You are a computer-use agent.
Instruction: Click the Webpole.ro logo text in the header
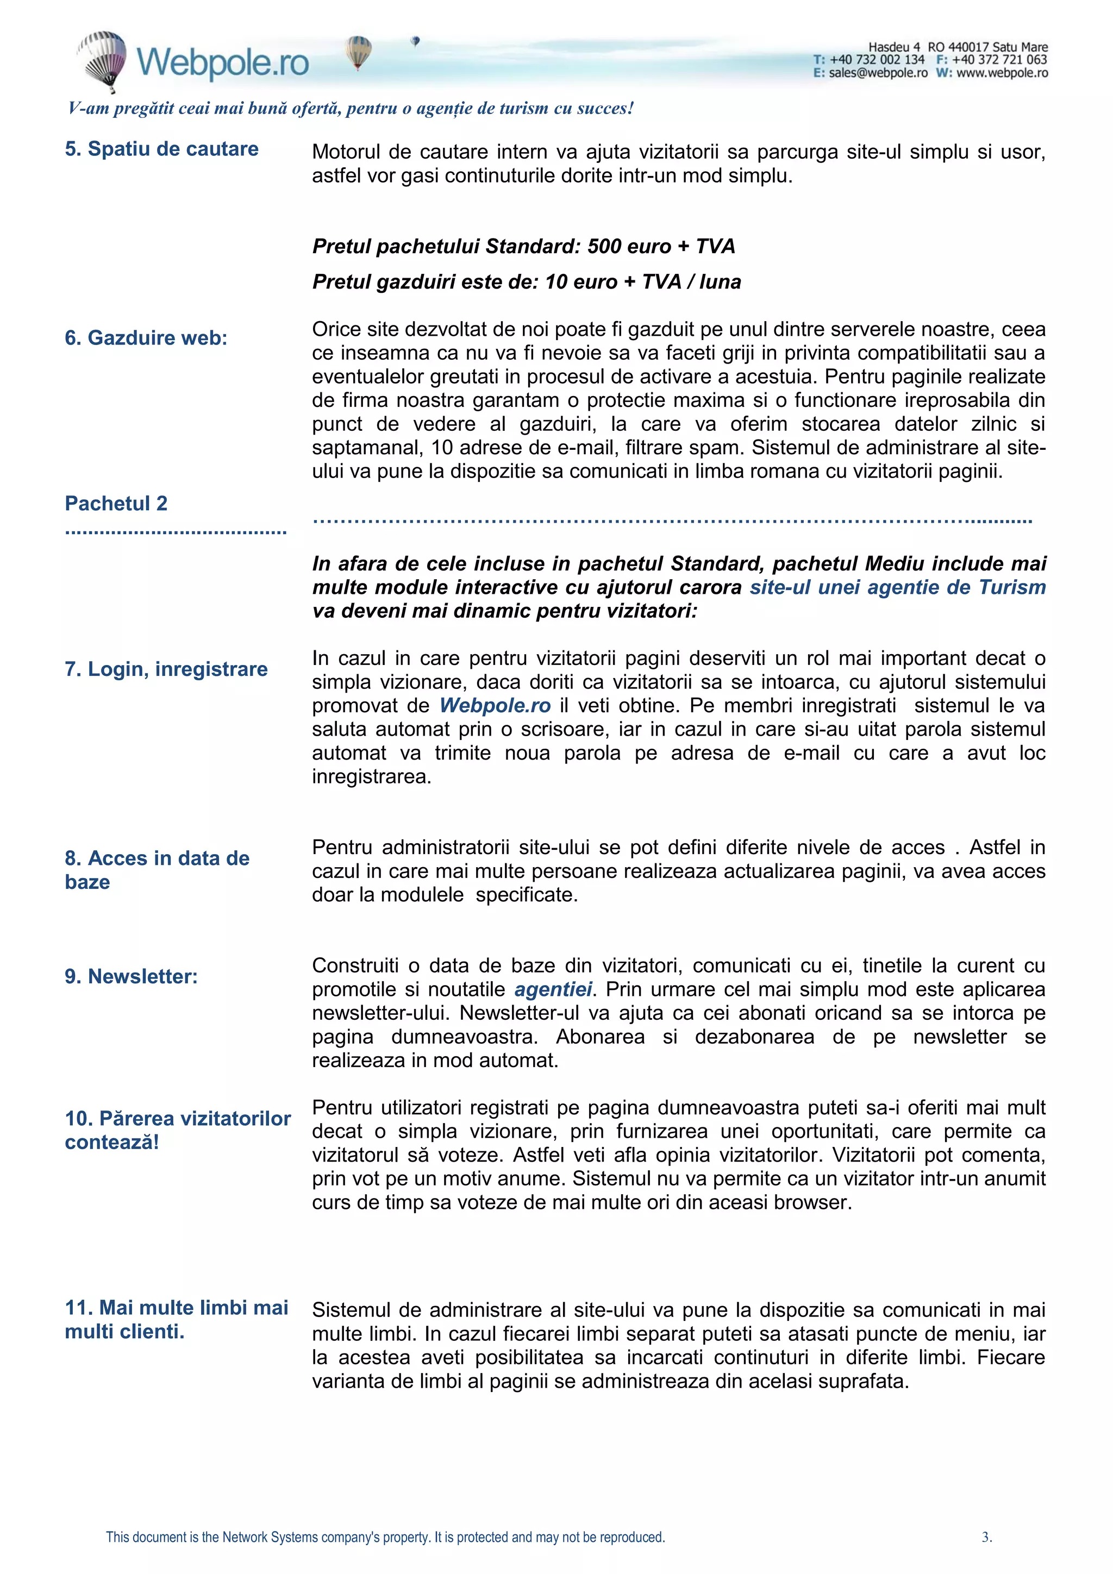(x=223, y=62)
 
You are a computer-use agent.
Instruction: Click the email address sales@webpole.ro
(x=878, y=73)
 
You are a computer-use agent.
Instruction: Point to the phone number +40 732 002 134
(x=877, y=60)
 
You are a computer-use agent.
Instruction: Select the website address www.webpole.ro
(x=1002, y=73)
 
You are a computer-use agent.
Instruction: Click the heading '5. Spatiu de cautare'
(x=161, y=149)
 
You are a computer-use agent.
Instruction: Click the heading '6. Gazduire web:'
(x=146, y=337)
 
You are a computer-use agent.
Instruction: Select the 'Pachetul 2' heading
(x=116, y=503)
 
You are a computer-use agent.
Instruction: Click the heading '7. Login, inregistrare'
(x=166, y=668)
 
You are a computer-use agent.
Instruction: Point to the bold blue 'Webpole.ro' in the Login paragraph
(x=495, y=705)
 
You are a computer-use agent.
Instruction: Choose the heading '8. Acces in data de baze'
(x=157, y=869)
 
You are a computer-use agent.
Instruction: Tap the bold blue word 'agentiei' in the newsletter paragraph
(x=553, y=989)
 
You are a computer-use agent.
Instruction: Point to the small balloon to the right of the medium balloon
(x=415, y=41)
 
